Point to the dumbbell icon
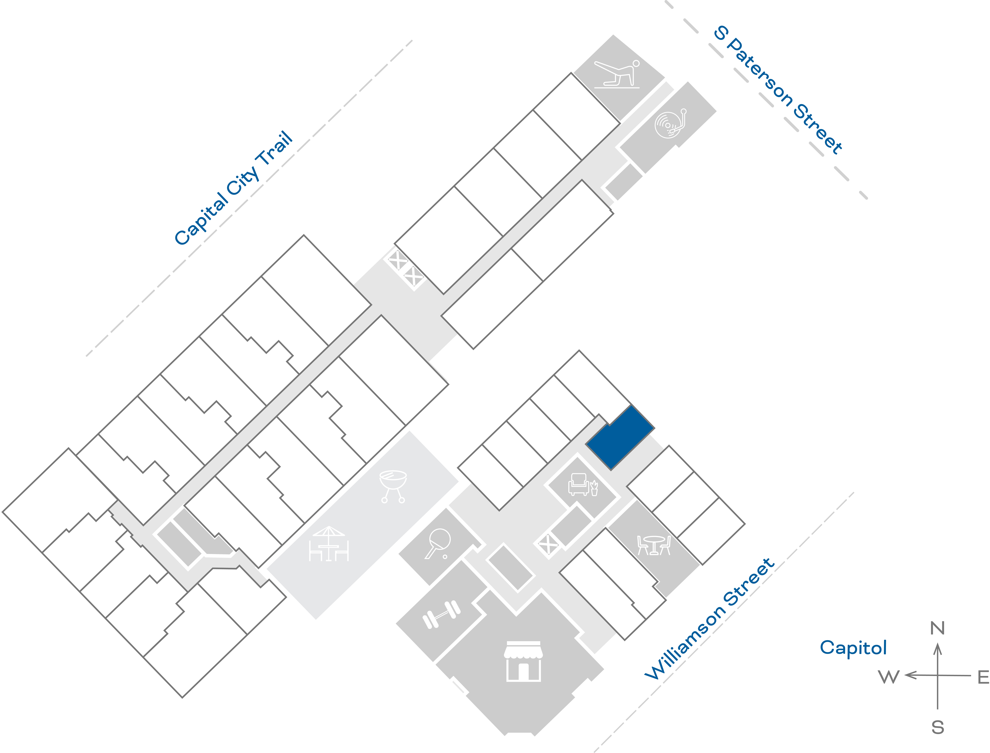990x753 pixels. tap(442, 614)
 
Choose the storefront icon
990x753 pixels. tap(523, 661)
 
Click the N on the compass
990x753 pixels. tap(938, 628)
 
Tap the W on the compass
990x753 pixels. tap(889, 677)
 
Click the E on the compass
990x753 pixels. tap(983, 677)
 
